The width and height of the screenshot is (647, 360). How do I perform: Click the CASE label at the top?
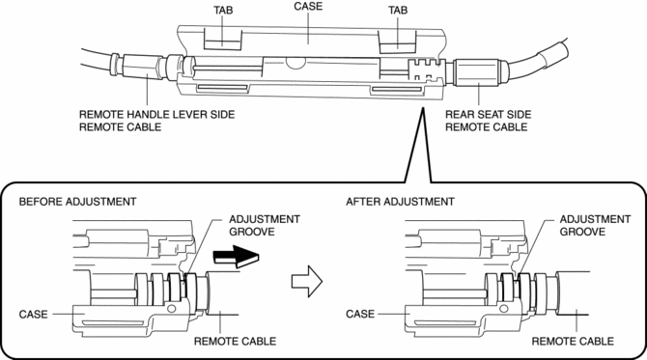coord(308,6)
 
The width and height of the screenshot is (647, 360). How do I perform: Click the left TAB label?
coord(223,10)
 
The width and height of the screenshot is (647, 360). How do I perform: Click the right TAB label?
coord(398,10)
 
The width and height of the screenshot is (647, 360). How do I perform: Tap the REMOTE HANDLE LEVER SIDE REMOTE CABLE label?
coord(156,121)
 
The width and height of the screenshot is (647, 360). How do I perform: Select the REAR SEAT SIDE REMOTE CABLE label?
coord(488,121)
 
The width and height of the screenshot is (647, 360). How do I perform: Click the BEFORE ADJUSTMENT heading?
coord(77,202)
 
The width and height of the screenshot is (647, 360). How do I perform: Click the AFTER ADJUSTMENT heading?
coord(400,202)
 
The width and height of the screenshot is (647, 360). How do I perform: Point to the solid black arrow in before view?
coord(236,257)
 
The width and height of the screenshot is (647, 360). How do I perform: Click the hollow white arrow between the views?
coord(307,281)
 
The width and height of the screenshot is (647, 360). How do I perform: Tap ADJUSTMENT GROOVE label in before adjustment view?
coord(265,225)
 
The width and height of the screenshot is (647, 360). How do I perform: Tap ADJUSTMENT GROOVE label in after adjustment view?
coord(595,225)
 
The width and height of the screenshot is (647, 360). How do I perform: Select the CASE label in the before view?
coord(34,315)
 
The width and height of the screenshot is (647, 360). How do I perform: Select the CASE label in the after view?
coord(360,314)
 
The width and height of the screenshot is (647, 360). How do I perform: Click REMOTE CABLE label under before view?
coord(236,342)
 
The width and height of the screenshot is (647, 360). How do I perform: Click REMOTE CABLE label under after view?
coord(573,342)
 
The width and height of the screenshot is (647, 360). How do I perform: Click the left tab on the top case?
coord(222,40)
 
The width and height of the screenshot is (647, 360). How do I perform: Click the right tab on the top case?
coord(398,42)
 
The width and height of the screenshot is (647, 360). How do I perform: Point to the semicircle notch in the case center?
coord(295,63)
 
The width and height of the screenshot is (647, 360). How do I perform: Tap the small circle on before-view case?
coord(172,309)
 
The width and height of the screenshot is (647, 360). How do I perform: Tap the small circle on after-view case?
coord(503,309)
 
